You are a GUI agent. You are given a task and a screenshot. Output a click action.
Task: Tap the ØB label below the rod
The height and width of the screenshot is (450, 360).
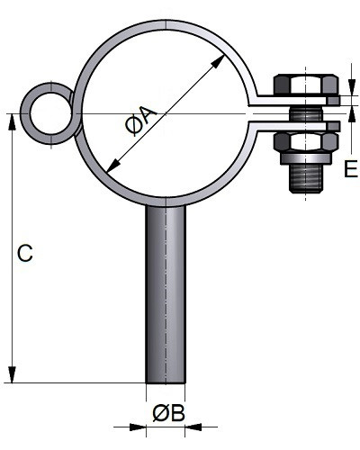pos(168,414)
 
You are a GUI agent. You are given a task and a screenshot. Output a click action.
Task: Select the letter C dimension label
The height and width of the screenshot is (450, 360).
pos(25,253)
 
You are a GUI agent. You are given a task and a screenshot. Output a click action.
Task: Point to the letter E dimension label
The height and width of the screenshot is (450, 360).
pos(351,169)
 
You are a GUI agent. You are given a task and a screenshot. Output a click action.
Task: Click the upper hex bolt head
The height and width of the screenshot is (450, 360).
pos(306,85)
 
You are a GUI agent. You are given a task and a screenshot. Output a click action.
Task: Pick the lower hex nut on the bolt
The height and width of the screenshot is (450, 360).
pos(306,142)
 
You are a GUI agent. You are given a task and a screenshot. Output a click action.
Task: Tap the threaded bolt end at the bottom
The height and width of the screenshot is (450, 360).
pos(306,178)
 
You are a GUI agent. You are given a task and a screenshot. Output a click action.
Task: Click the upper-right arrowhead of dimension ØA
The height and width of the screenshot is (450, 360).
pos(218,61)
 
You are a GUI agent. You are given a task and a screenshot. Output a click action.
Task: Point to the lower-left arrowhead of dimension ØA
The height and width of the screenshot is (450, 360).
pos(113,166)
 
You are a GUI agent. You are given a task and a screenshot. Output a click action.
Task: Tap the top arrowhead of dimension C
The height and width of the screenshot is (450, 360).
pos(12,121)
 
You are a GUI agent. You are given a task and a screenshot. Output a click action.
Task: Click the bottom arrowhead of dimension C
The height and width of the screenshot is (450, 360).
pos(12,374)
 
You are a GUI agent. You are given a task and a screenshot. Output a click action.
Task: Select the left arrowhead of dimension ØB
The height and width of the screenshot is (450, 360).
pos(138,427)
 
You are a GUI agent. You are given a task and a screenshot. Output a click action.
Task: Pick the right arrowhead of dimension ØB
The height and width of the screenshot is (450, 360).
pos(193,427)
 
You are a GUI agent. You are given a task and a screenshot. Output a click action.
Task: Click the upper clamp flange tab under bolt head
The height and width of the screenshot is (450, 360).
pos(294,101)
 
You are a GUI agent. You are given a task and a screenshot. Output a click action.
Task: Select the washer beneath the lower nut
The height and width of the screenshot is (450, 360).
pos(306,158)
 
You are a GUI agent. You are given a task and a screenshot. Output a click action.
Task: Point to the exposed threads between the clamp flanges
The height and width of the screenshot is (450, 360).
pos(306,114)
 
